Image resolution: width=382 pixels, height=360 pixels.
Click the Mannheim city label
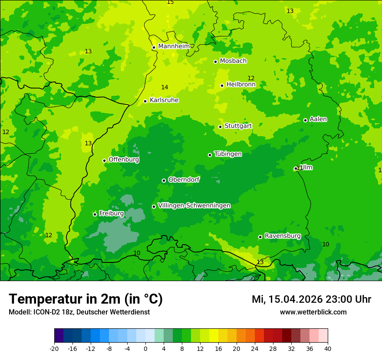[174, 46]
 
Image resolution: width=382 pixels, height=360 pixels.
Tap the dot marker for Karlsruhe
[145, 101]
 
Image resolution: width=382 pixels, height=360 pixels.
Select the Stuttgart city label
[238, 126]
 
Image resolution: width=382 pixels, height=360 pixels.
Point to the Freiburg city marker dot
[95, 214]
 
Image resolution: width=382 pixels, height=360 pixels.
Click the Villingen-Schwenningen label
[194, 206]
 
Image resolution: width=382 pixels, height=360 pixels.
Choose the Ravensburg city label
[282, 236]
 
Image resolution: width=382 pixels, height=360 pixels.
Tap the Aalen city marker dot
[305, 120]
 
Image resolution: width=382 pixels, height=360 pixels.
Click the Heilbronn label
[240, 85]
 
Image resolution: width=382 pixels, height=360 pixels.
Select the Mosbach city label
[233, 61]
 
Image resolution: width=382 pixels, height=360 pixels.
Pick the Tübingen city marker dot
[210, 155]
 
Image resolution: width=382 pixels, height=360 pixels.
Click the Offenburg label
[123, 160]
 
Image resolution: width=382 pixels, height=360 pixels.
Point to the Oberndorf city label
[184, 180]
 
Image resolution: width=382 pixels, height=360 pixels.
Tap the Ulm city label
[306, 167]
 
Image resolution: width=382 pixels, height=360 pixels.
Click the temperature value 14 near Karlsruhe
[165, 88]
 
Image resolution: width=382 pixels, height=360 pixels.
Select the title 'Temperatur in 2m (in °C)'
[86, 299]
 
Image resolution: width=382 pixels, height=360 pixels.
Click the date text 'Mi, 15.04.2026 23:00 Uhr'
[311, 299]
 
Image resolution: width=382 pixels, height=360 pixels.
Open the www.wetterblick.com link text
[313, 312]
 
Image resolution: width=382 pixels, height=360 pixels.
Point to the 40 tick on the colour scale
[327, 348]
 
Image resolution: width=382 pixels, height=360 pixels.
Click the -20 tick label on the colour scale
[54, 348]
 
